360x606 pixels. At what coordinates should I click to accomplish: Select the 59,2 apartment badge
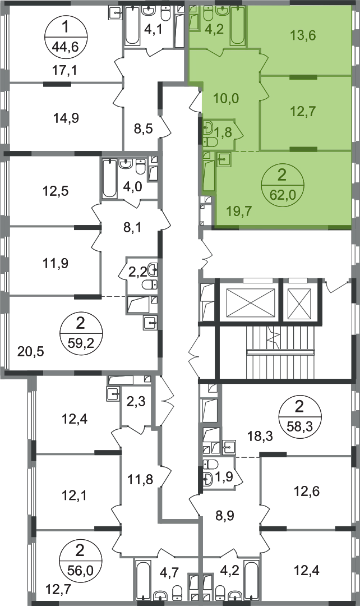point(81,332)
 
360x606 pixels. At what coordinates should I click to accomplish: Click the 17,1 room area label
point(64,70)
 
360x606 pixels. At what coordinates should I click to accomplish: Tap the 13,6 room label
point(303,35)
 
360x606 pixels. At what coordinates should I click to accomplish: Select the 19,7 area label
point(239,211)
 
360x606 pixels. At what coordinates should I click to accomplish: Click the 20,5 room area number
point(31,352)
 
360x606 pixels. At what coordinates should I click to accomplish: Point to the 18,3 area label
point(260,437)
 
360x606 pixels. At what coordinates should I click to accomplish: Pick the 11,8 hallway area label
point(140,479)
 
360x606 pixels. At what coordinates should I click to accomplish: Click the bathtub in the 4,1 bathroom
point(132,25)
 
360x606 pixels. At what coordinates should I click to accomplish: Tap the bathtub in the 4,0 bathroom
point(109,179)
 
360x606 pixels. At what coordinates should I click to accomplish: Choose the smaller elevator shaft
point(300,302)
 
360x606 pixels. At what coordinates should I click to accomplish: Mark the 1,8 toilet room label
point(223,132)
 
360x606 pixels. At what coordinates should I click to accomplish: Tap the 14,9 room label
point(66,118)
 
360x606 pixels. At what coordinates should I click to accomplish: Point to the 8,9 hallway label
point(225,516)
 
